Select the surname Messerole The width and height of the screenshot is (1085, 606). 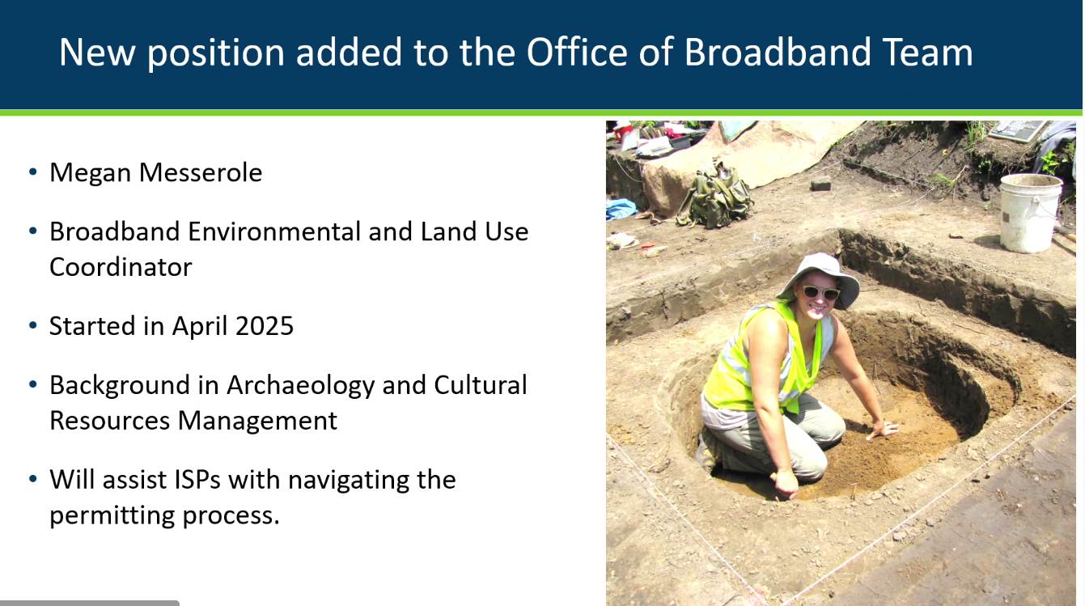(x=201, y=172)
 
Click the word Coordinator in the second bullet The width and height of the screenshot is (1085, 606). (x=121, y=267)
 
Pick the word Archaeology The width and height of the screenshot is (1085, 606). (x=300, y=387)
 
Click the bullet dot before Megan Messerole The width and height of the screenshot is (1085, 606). (x=33, y=172)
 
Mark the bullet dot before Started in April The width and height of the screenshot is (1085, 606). (x=33, y=325)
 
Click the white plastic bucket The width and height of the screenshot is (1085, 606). (x=1030, y=213)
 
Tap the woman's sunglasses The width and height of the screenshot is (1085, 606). (x=820, y=293)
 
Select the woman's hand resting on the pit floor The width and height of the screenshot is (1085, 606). (x=882, y=429)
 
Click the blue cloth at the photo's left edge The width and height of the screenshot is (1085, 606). (x=620, y=209)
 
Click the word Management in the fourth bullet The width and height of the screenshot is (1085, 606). (x=257, y=421)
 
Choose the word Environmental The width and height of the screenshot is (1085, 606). (x=274, y=231)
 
